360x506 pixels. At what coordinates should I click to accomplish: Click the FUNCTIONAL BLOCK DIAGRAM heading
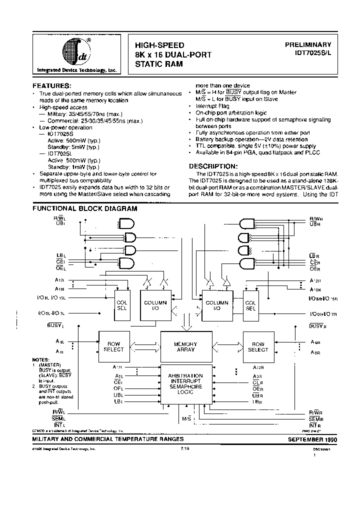(x=77, y=208)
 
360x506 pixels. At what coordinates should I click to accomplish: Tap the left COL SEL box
(x=122, y=305)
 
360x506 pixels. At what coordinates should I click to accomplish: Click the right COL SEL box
(x=250, y=305)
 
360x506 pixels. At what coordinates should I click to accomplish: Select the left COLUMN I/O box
(x=155, y=305)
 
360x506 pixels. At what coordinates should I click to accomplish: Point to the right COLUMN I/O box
(x=216, y=305)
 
